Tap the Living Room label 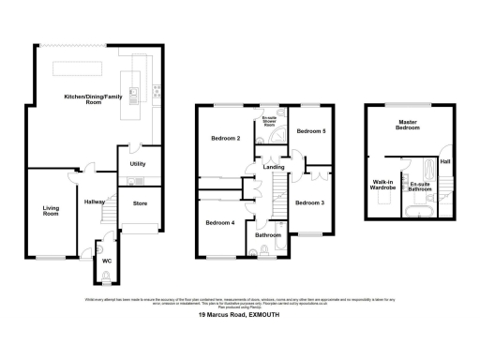(50, 211)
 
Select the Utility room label (138, 163)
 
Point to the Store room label (141, 202)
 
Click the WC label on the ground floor (106, 262)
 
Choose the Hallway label (94, 202)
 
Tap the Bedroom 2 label (226, 139)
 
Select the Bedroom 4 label (218, 222)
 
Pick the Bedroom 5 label (310, 132)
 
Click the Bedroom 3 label (309, 202)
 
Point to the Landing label (274, 168)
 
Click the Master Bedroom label (407, 125)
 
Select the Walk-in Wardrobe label (382, 186)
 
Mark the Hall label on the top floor (445, 162)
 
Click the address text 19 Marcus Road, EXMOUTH (239, 316)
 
